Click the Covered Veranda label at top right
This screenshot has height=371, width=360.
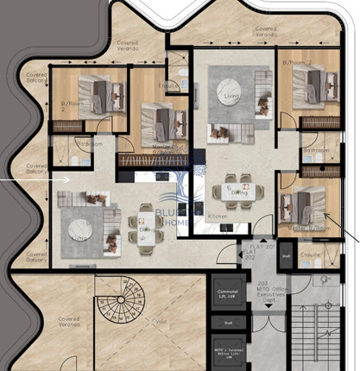265,31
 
